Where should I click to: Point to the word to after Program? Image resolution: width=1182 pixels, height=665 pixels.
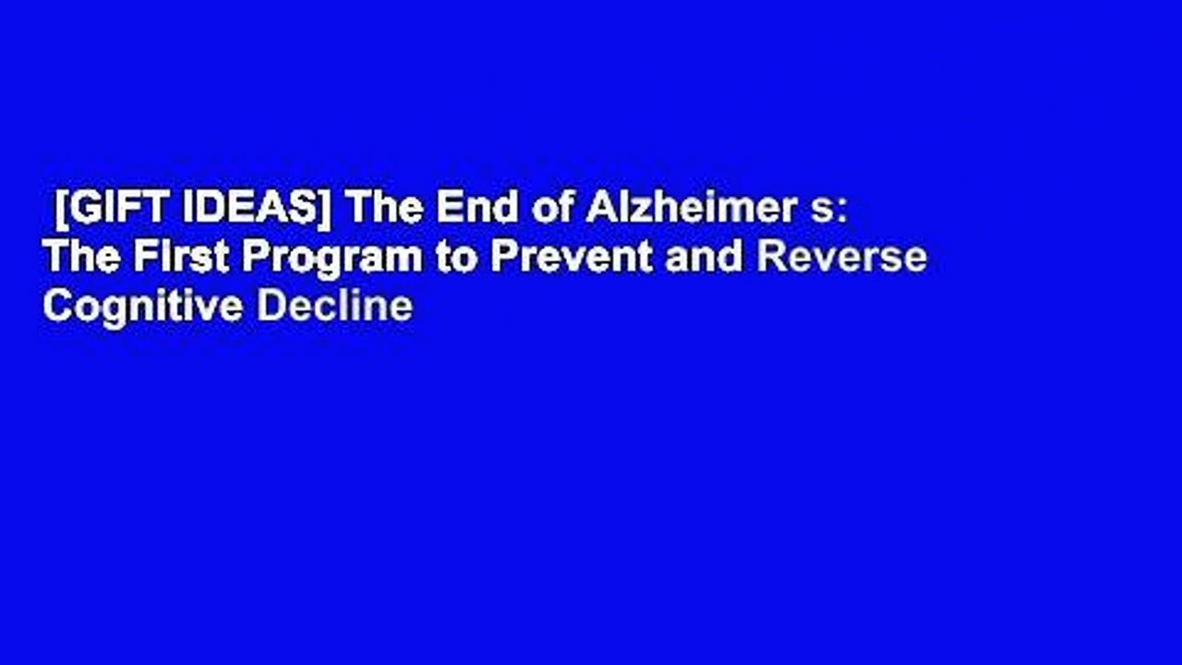[x=456, y=259]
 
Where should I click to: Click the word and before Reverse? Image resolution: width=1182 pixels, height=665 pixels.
[x=703, y=258]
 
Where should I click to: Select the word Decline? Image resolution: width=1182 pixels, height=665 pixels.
[x=334, y=306]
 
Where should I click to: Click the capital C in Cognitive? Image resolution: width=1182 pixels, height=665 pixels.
[x=55, y=306]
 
